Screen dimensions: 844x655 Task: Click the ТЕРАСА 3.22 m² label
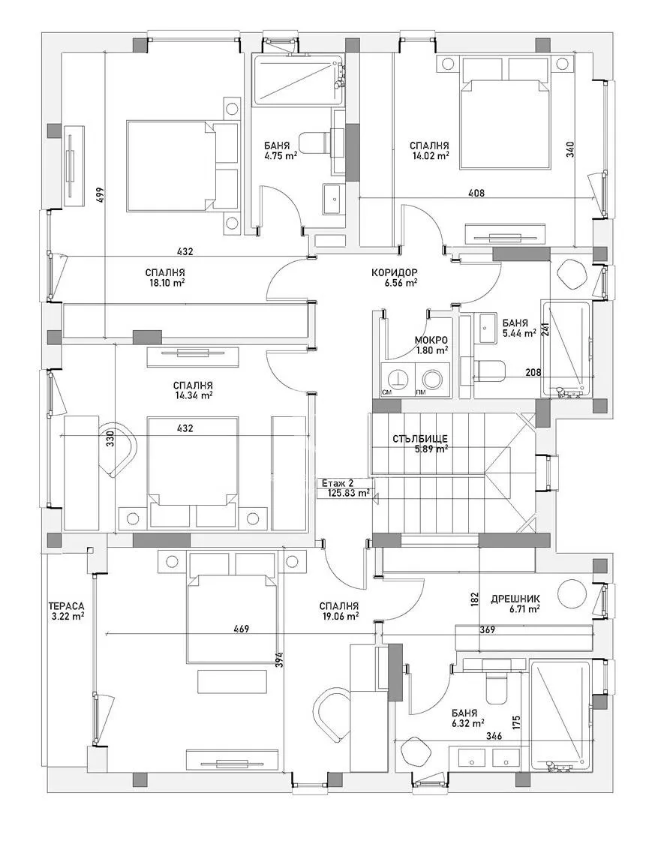click(66, 610)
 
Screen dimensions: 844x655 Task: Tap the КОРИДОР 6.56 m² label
click(394, 278)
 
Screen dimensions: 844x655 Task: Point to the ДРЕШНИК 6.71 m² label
click(515, 604)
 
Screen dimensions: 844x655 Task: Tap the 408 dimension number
click(476, 193)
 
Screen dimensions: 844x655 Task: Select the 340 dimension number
click(571, 149)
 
